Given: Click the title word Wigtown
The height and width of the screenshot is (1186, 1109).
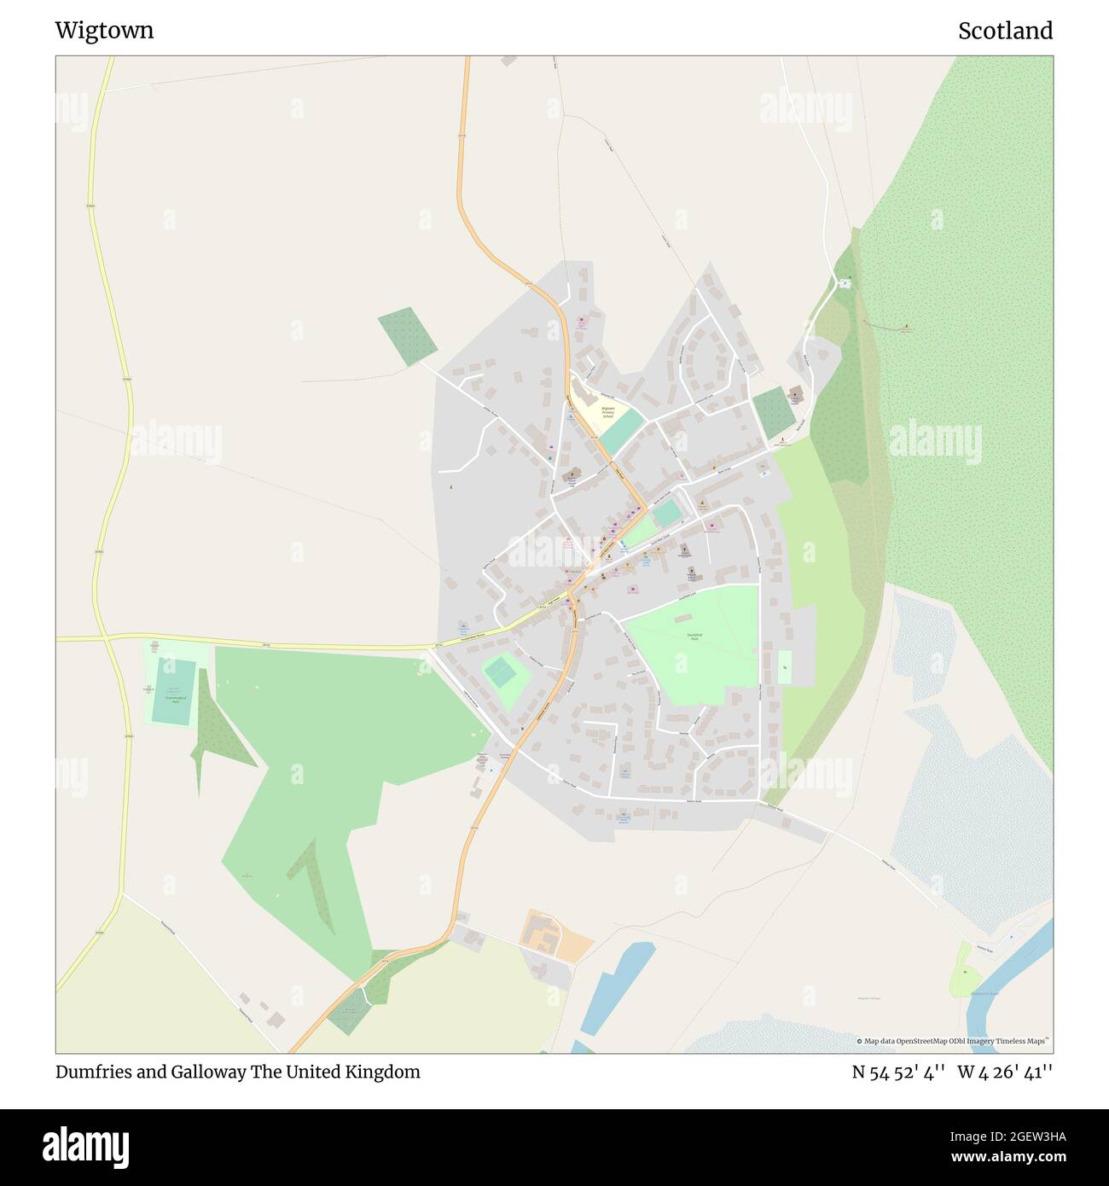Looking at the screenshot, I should click(104, 31).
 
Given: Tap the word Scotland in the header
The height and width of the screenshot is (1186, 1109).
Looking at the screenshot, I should click(1005, 31).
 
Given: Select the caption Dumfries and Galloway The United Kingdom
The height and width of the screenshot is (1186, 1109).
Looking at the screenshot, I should click(238, 1072).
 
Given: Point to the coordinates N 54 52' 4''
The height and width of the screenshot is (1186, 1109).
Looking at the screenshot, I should click(898, 1072).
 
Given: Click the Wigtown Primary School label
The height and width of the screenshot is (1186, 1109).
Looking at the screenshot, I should click(607, 412).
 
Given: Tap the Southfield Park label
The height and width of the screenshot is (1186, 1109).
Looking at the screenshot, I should click(694, 637).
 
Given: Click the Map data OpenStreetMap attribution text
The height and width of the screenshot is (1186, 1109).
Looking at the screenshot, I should click(955, 1041).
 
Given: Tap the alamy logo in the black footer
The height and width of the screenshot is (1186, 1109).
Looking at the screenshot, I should click(86, 1146).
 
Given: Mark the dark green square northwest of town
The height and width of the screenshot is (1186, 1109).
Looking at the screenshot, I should click(408, 335).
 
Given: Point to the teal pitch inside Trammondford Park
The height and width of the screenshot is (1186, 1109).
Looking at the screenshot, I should click(174, 689).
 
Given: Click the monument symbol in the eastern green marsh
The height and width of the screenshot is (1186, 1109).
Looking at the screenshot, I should click(905, 327).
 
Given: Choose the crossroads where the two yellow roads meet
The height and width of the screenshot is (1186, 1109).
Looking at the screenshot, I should click(104, 637).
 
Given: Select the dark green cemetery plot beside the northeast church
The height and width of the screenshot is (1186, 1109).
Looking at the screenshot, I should click(774, 413).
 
